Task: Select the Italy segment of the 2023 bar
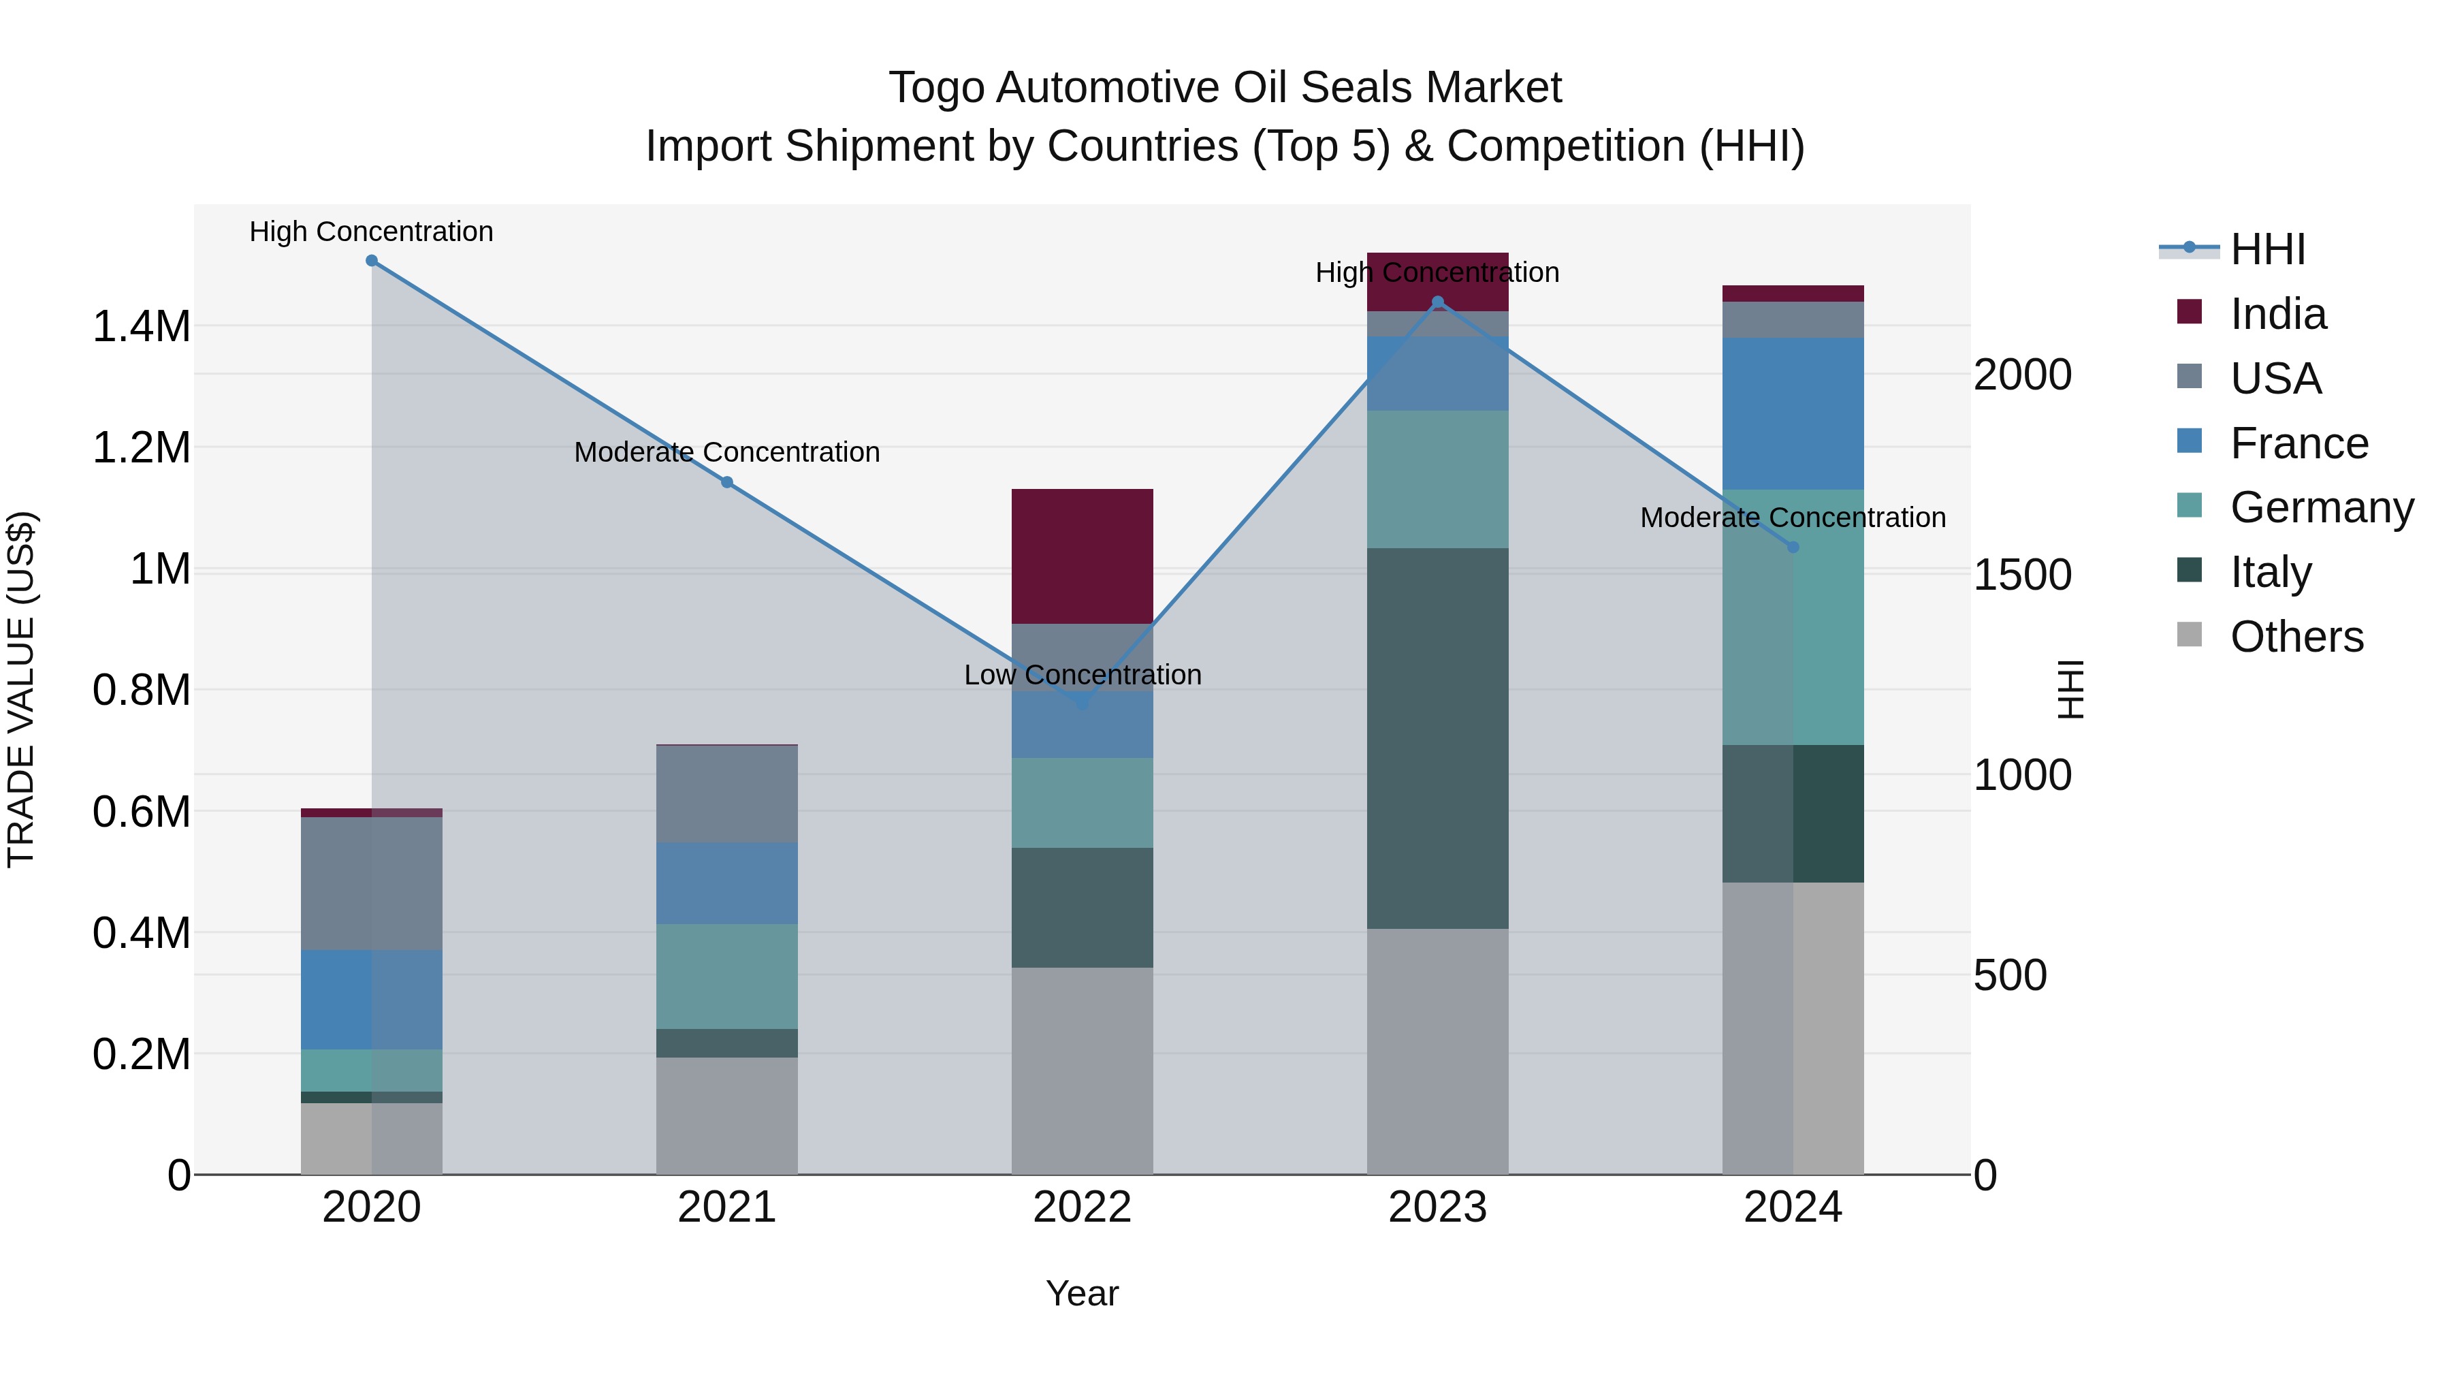pyautogui.click(x=1437, y=738)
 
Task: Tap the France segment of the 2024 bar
pyautogui.click(x=1793, y=413)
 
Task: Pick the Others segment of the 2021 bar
pyautogui.click(x=727, y=1115)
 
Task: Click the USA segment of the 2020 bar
pyautogui.click(x=371, y=883)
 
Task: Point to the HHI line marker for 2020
pyautogui.click(x=372, y=261)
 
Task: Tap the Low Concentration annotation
pyautogui.click(x=1082, y=675)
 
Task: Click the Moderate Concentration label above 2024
pyautogui.click(x=1793, y=518)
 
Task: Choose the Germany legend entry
pyautogui.click(x=2322, y=507)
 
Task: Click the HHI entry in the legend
pyautogui.click(x=2267, y=249)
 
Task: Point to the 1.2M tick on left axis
pyautogui.click(x=141, y=448)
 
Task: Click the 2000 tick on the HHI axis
pyautogui.click(x=2022, y=375)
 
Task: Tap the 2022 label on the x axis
pyautogui.click(x=1082, y=1207)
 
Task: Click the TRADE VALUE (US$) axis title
pyautogui.click(x=22, y=689)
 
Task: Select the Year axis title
pyautogui.click(x=1082, y=1293)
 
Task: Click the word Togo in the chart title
pyautogui.click(x=935, y=88)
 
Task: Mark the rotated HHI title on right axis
pyautogui.click(x=2070, y=689)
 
